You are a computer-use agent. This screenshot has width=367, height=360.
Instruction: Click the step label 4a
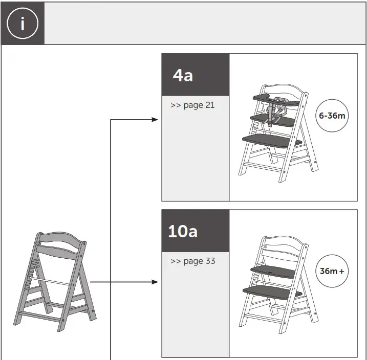[183, 76]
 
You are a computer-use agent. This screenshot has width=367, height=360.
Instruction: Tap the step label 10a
[183, 231]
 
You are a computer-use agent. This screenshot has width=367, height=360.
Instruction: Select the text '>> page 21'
[192, 105]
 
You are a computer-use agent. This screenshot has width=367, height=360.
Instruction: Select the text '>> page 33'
[192, 261]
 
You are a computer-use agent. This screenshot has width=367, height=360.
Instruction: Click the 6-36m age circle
[332, 116]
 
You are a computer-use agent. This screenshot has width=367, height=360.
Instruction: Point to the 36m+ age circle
[332, 271]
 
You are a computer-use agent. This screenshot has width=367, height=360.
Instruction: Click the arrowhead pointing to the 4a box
[156, 120]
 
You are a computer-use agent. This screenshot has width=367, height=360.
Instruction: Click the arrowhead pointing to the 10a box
[156, 282]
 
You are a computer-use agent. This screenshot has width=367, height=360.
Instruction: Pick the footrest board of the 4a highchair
[269, 139]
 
